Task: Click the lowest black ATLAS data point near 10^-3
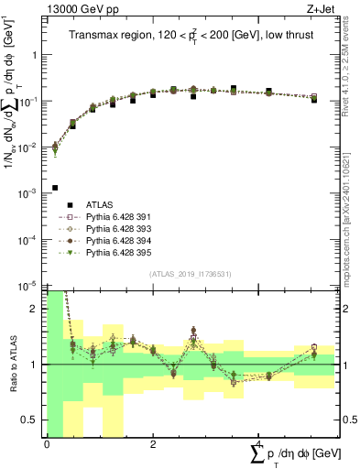click(x=56, y=188)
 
